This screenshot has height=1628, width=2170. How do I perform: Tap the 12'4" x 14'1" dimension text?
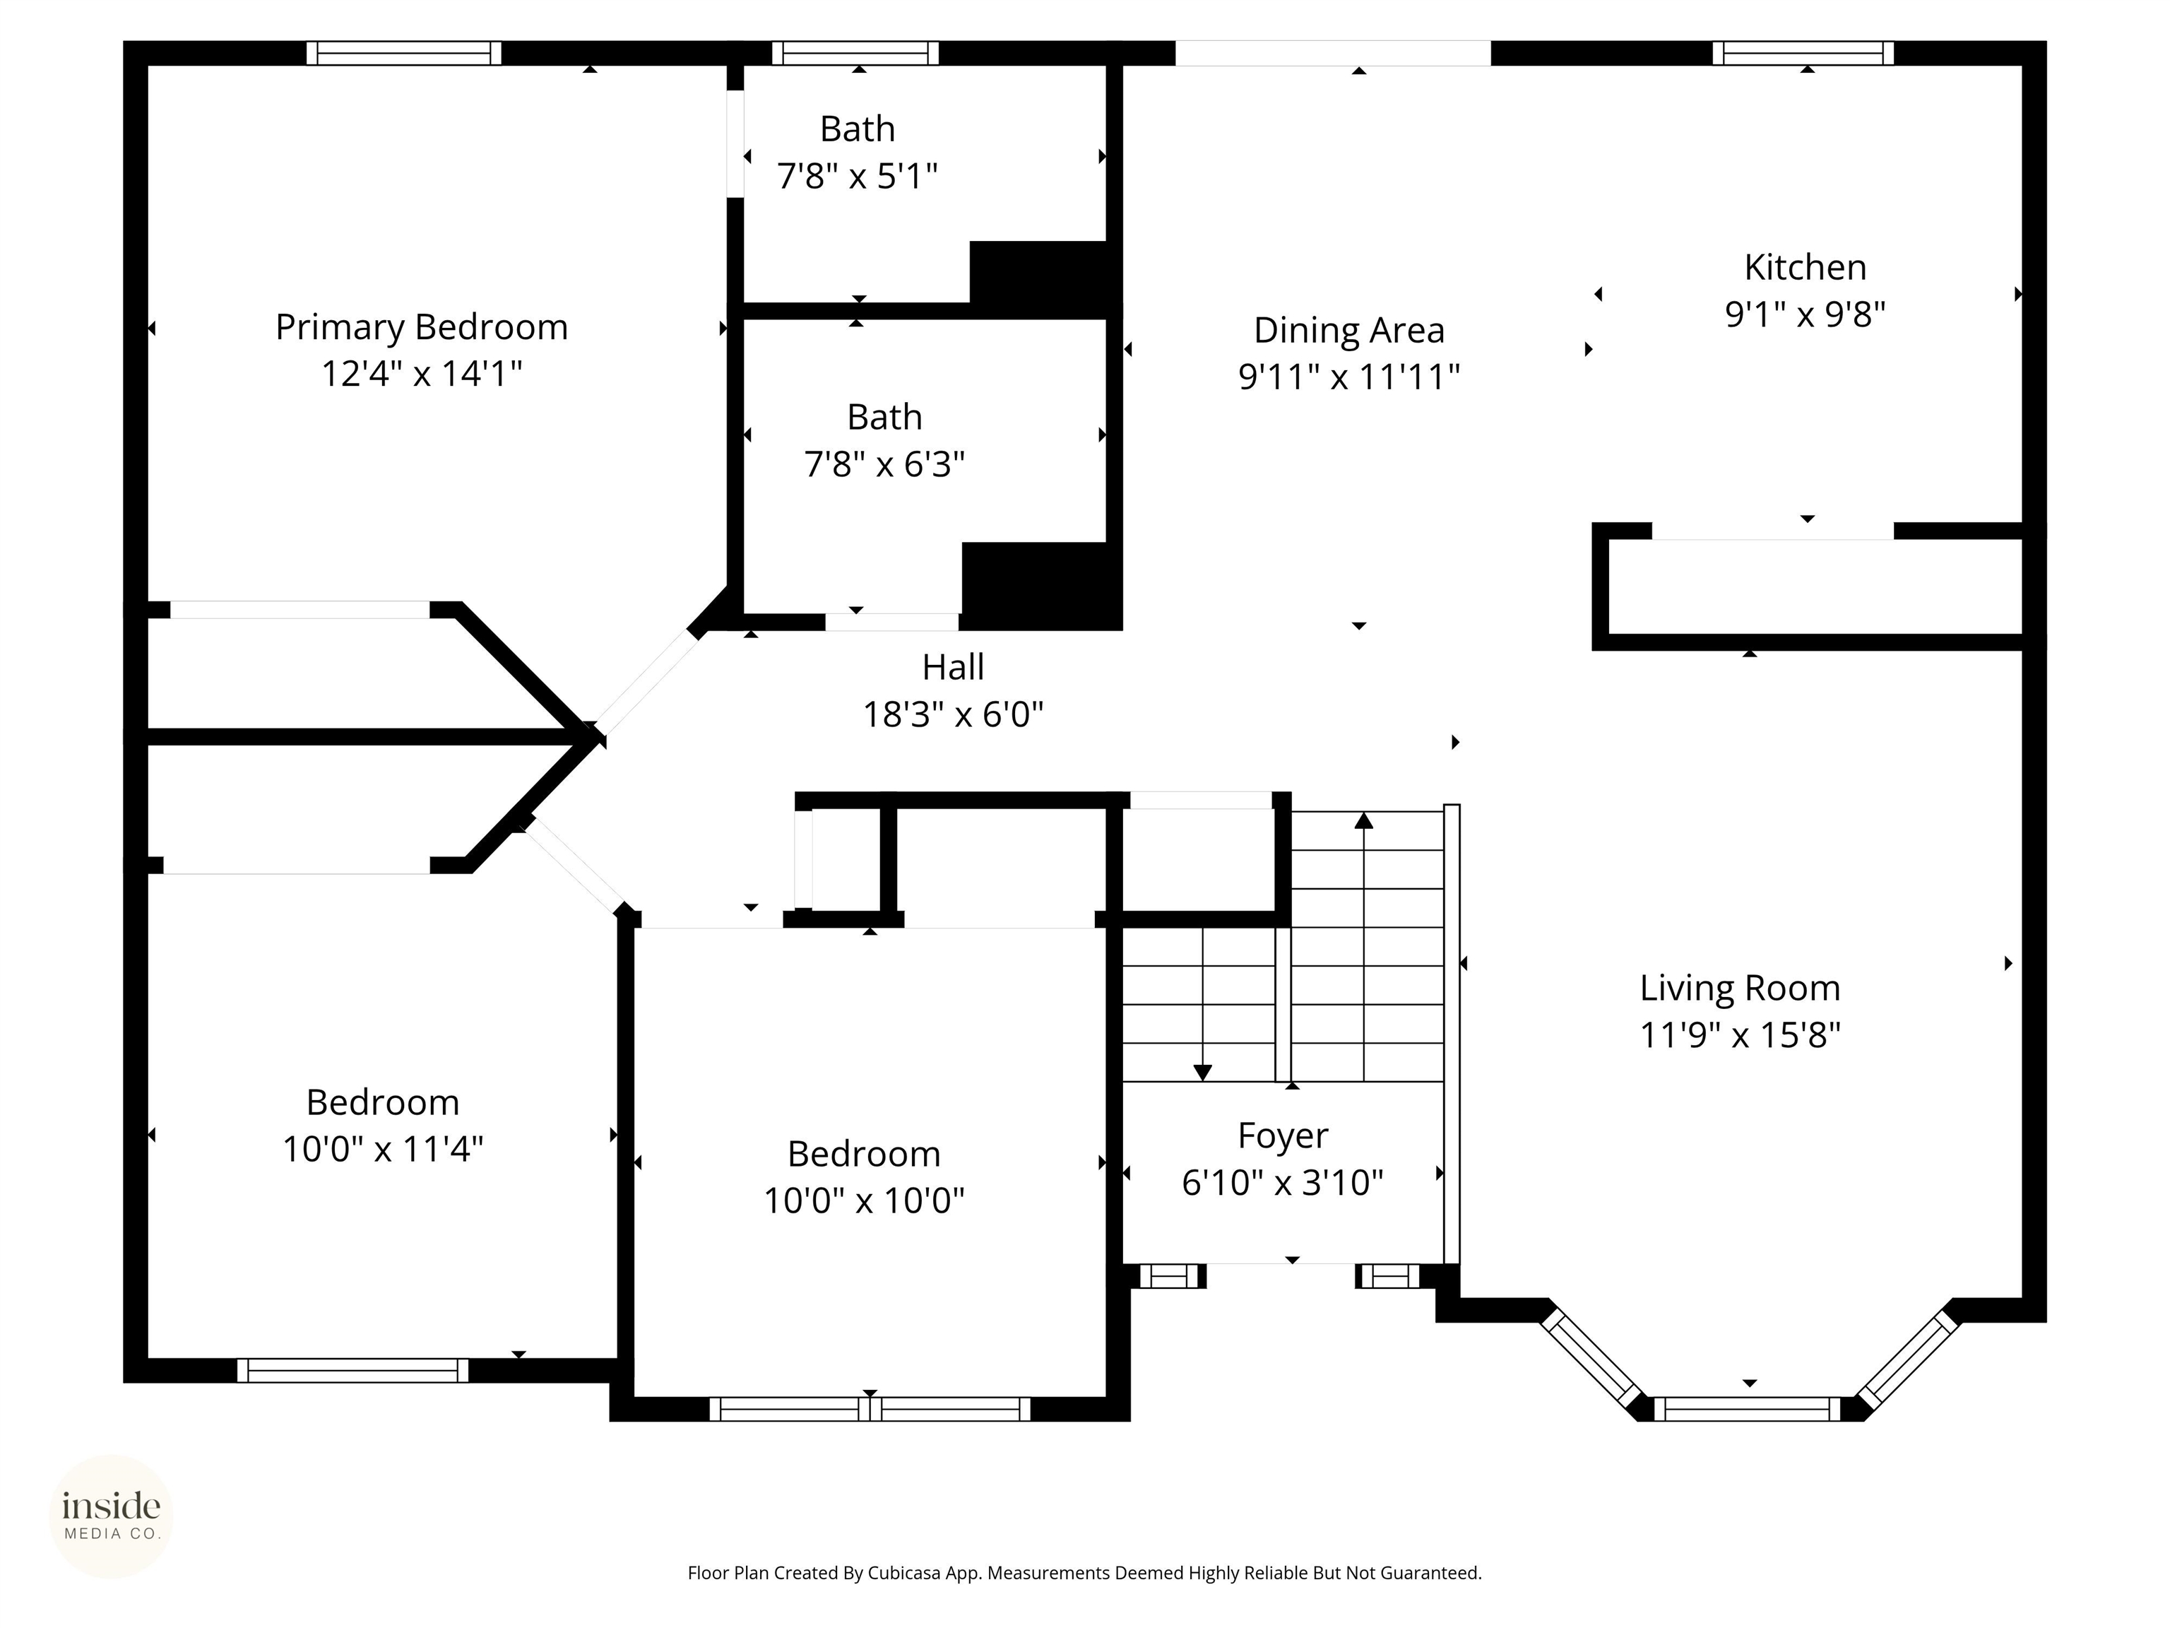[422, 374]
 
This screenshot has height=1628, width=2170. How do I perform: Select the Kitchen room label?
[1805, 267]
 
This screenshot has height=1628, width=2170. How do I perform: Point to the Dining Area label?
[1349, 331]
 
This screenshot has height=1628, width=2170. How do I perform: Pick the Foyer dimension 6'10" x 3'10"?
[1282, 1182]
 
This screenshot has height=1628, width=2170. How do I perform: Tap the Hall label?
[953, 667]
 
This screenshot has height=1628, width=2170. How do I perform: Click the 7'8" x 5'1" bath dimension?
[858, 177]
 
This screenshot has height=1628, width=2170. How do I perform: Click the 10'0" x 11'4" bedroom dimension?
[383, 1149]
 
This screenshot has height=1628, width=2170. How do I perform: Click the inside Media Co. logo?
[112, 1516]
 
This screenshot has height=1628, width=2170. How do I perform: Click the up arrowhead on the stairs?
[1363, 820]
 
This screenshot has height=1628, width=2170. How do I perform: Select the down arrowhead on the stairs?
[1203, 1073]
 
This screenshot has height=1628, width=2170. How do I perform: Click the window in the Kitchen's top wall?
[1803, 53]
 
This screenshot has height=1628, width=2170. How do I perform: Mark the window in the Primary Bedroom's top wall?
[404, 53]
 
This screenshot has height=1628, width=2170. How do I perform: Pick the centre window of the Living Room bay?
[1748, 1408]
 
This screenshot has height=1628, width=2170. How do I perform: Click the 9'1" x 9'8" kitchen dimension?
[1805, 314]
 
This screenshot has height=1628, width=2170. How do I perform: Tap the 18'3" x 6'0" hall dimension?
[953, 714]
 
